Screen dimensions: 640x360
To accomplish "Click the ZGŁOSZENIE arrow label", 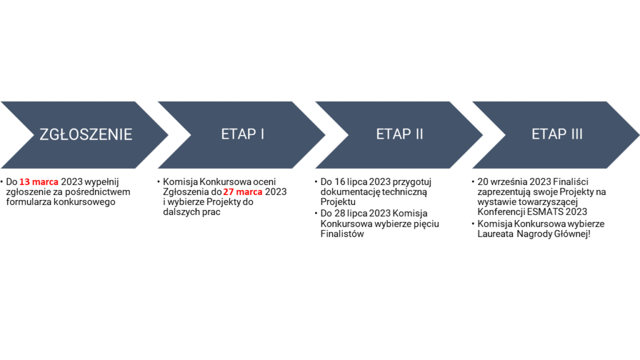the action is click(86, 134).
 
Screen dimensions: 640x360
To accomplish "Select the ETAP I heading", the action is click(243, 134).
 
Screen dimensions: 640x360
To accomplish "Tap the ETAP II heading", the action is click(399, 134).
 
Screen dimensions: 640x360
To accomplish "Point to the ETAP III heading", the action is click(557, 134).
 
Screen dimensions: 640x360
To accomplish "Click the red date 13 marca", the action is click(39, 182).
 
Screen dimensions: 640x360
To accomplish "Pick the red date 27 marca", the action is click(242, 192).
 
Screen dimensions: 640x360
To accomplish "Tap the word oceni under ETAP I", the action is click(264, 182).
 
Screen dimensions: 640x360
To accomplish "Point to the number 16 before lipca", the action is click(339, 182).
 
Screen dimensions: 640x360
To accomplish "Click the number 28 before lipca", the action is click(339, 214).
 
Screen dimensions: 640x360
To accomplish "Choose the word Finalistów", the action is click(342, 234).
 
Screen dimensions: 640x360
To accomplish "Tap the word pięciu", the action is click(427, 224).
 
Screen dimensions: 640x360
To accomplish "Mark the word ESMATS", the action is click(543, 212).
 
